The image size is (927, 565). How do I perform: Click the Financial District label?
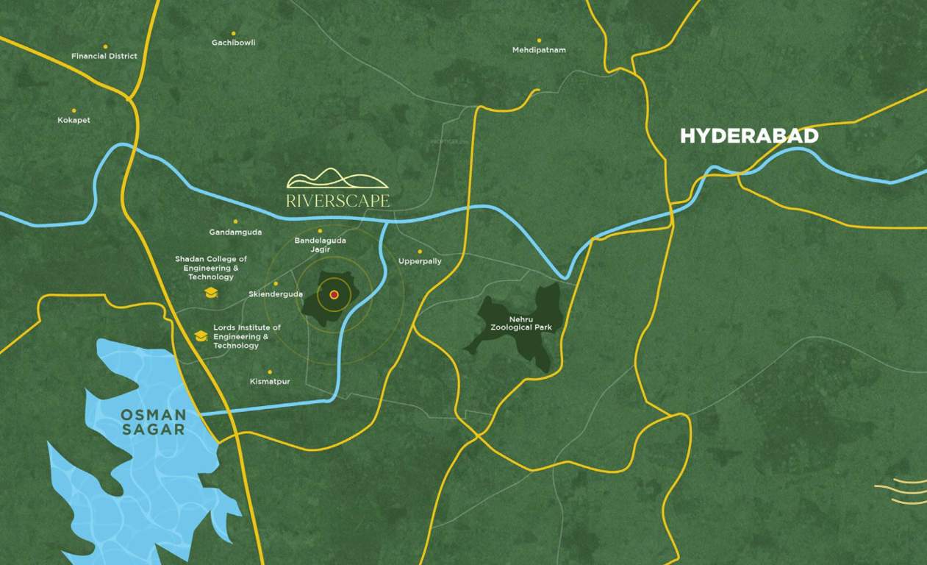click(104, 57)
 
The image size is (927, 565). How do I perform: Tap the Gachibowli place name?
click(233, 43)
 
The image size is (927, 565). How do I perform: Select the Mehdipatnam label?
click(539, 50)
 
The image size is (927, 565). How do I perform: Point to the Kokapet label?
click(74, 120)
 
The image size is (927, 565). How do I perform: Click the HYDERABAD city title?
click(748, 136)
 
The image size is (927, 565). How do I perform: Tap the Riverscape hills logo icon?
click(337, 179)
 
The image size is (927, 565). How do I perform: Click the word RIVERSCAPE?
click(338, 200)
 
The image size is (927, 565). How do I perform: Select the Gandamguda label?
click(235, 232)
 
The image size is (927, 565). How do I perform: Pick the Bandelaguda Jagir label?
click(320, 245)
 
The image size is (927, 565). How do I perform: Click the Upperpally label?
click(420, 261)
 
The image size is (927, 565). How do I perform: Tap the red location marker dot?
click(334, 294)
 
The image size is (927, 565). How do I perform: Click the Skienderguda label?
click(276, 294)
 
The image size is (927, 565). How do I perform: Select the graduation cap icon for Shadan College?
click(211, 293)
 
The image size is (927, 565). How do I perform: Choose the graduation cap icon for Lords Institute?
click(200, 336)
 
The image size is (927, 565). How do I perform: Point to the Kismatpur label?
click(270, 382)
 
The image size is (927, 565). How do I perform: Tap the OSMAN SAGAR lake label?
click(153, 422)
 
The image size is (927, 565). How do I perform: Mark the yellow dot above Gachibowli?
click(233, 33)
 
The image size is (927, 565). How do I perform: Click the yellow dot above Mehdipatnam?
click(539, 40)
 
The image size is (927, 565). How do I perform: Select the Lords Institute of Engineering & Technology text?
click(247, 336)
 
